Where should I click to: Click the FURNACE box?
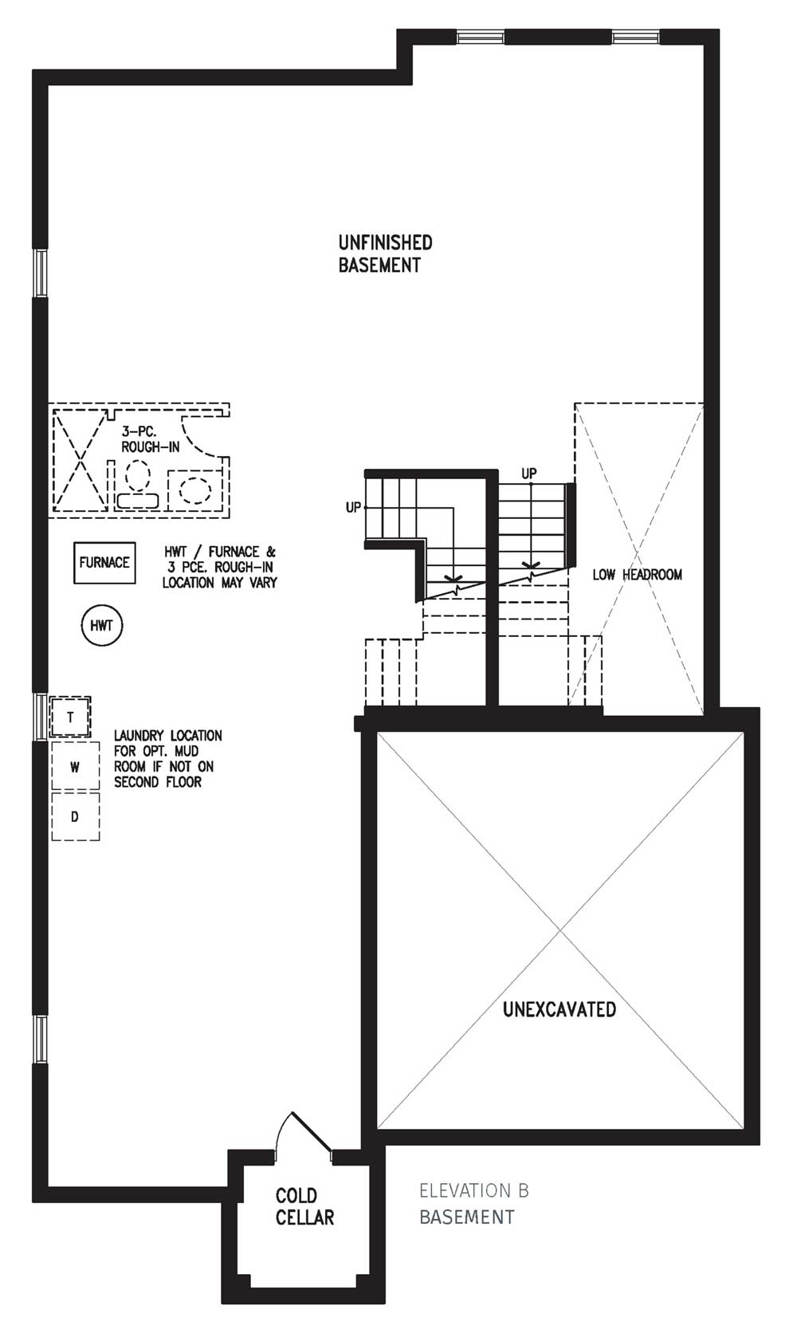pyautogui.click(x=104, y=563)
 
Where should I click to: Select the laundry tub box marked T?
pyautogui.click(x=71, y=718)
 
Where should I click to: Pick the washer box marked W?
pyautogui.click(x=76, y=767)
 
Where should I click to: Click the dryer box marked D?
pyautogui.click(x=76, y=816)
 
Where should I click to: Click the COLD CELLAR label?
pyautogui.click(x=304, y=1206)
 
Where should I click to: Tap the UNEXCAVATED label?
pyautogui.click(x=559, y=1009)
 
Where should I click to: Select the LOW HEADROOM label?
pyautogui.click(x=637, y=575)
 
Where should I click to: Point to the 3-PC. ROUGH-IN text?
pyautogui.click(x=150, y=439)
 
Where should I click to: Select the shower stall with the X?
pyautogui.click(x=80, y=461)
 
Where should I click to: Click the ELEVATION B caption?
pyautogui.click(x=474, y=1191)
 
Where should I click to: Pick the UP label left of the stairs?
pyautogui.click(x=353, y=508)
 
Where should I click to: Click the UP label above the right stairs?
pyautogui.click(x=529, y=474)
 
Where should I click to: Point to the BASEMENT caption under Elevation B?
pyautogui.click(x=467, y=1217)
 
